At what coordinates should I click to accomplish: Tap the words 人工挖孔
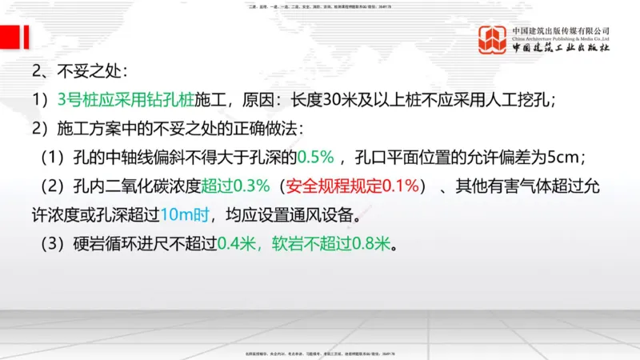tap(526, 100)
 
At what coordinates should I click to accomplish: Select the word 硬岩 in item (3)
tap(85, 242)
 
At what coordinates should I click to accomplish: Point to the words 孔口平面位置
tap(402, 157)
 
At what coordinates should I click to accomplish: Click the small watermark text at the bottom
tap(320, 354)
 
